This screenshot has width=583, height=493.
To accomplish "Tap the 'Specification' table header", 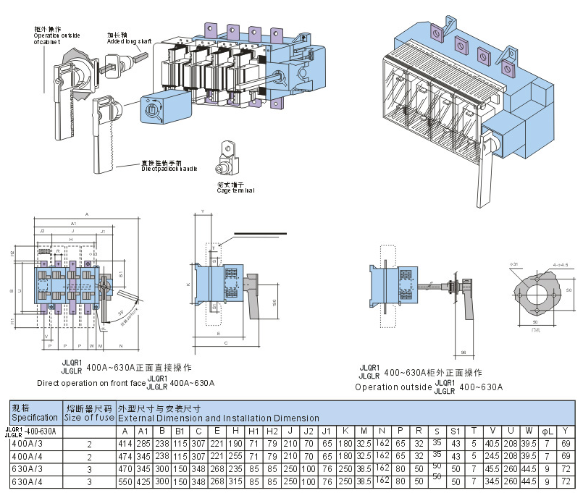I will tap(34, 418).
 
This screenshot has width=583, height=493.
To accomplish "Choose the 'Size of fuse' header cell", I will tap(89, 418).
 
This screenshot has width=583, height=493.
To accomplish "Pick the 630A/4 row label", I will tap(26, 481).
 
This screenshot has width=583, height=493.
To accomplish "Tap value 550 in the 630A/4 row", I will tap(126, 481).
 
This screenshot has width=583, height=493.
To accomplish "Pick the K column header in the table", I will tap(345, 431).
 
